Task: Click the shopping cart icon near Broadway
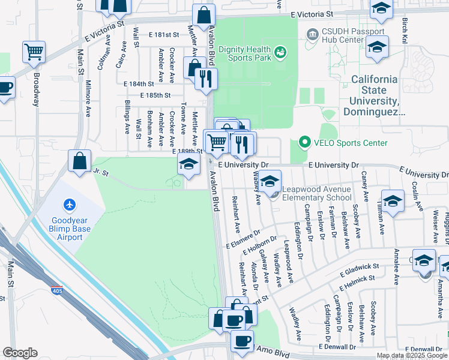click(34, 52)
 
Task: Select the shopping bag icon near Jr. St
click(79, 161)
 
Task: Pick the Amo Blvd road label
click(274, 349)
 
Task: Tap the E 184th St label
click(139, 85)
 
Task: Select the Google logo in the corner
click(20, 352)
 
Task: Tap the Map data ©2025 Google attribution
click(412, 355)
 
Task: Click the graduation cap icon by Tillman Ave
click(393, 202)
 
